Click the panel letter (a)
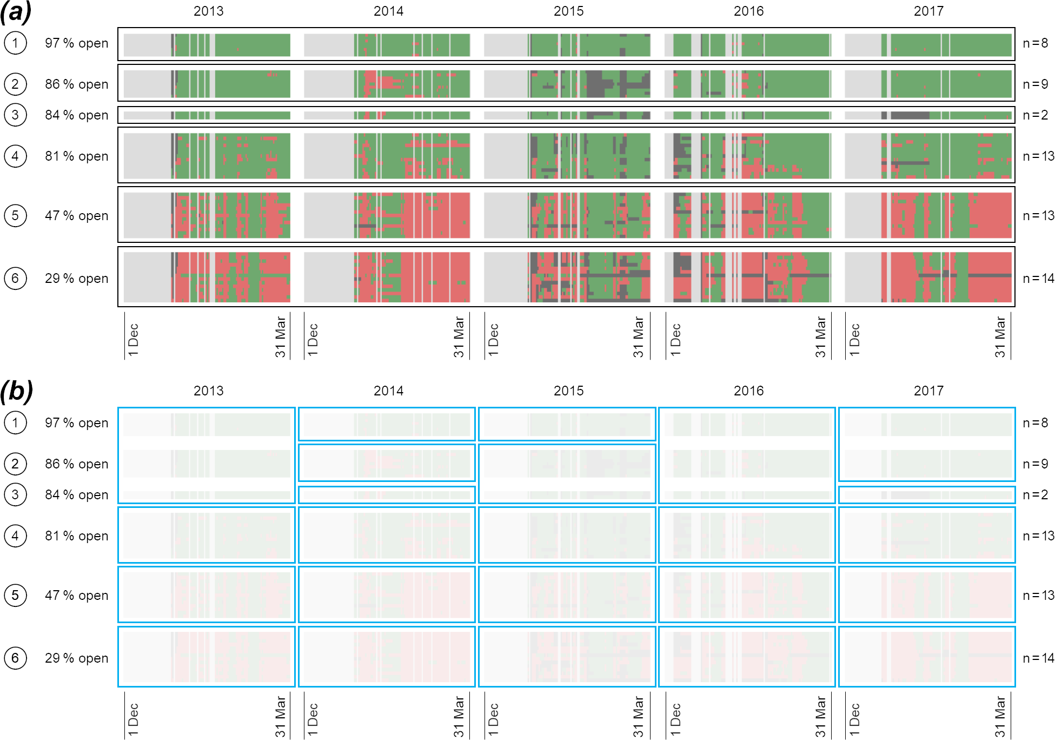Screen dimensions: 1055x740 [x=16, y=12]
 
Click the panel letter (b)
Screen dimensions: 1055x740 [x=16, y=391]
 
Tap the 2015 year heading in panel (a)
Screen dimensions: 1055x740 [x=568, y=11]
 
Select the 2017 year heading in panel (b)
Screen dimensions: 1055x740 [x=928, y=391]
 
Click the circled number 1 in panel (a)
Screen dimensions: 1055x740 [x=15, y=43]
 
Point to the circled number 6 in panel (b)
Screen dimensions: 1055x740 [x=15, y=658]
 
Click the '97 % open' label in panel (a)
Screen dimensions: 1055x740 [x=77, y=43]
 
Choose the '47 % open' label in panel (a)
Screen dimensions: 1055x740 [x=77, y=216]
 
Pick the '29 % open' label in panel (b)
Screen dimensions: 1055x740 [x=77, y=658]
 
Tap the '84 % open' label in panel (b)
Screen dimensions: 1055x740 [x=77, y=495]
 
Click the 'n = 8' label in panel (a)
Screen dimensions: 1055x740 [x=1035, y=43]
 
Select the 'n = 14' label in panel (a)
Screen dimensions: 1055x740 [x=1038, y=279]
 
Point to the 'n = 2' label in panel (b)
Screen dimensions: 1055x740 [x=1035, y=495]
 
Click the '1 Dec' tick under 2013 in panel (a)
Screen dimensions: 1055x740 [x=134, y=340]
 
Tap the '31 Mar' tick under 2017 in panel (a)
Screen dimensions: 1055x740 [x=1000, y=337]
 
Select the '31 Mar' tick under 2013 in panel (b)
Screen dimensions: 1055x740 [x=280, y=717]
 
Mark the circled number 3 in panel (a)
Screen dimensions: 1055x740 [x=15, y=115]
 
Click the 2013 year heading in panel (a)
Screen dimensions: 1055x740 [x=208, y=11]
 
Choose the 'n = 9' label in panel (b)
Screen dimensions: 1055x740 [x=1035, y=464]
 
